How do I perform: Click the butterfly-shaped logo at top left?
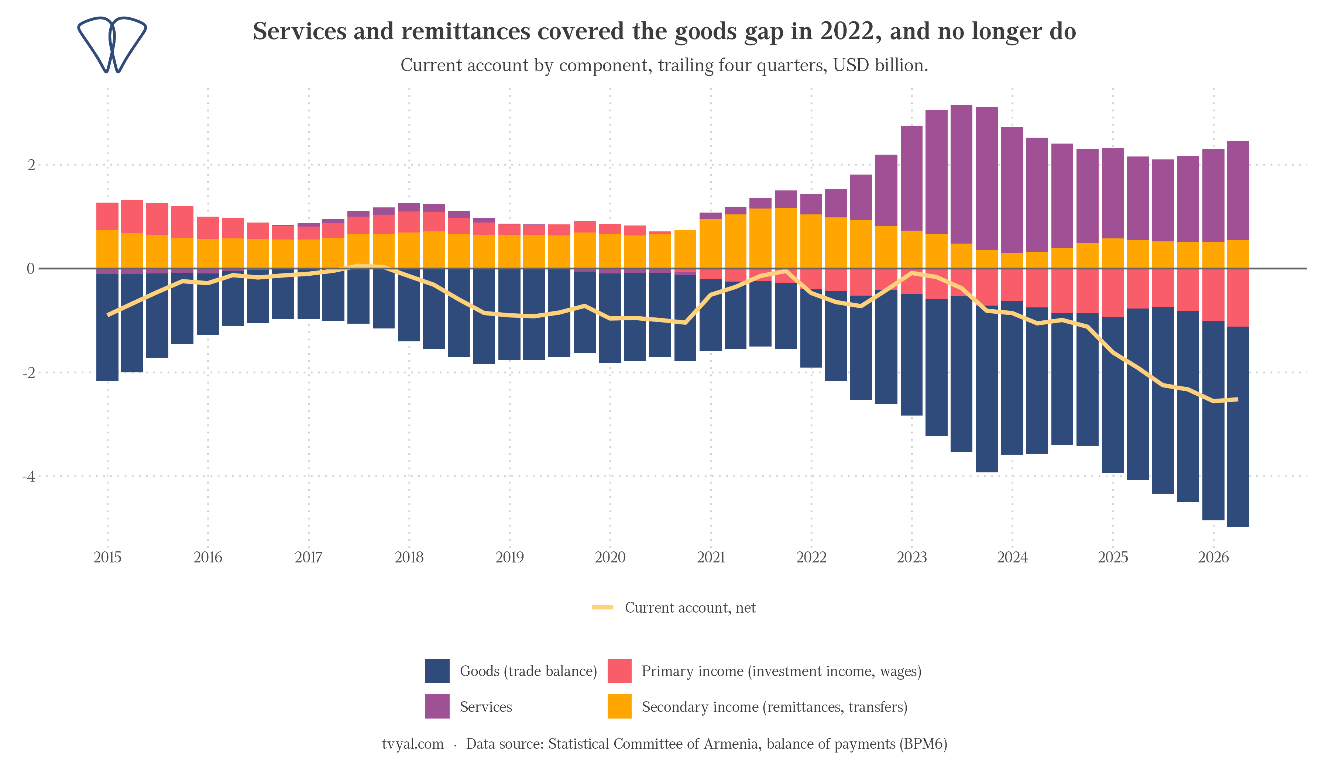112,45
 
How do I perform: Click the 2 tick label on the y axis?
31,165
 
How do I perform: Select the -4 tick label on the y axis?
28,476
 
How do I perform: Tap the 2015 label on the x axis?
107,558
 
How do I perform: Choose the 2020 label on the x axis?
610,558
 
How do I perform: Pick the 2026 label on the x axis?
1213,558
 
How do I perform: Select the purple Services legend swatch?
437,706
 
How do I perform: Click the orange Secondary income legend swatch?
620,706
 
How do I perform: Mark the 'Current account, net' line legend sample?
603,607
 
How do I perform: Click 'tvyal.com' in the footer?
413,744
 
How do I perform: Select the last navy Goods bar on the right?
1238,427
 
